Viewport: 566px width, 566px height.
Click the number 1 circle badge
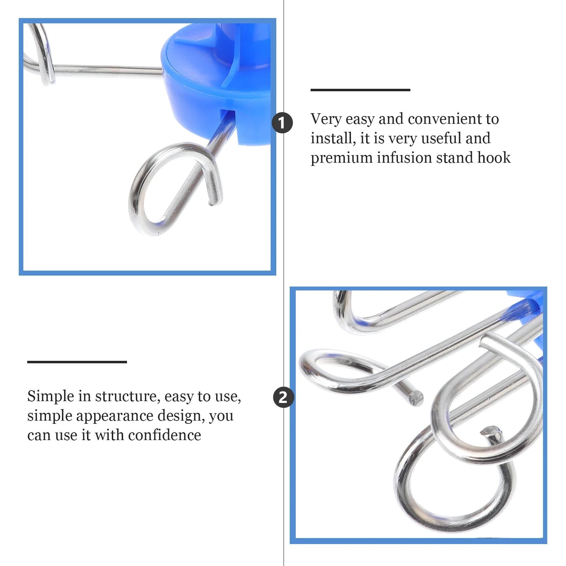click(x=282, y=123)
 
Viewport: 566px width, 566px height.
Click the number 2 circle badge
click(x=283, y=397)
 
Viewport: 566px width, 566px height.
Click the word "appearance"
click(x=115, y=416)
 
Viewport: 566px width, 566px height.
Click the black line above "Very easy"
click(x=360, y=90)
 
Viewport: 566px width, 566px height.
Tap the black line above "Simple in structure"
click(x=77, y=362)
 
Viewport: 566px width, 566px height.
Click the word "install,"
click(x=333, y=138)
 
